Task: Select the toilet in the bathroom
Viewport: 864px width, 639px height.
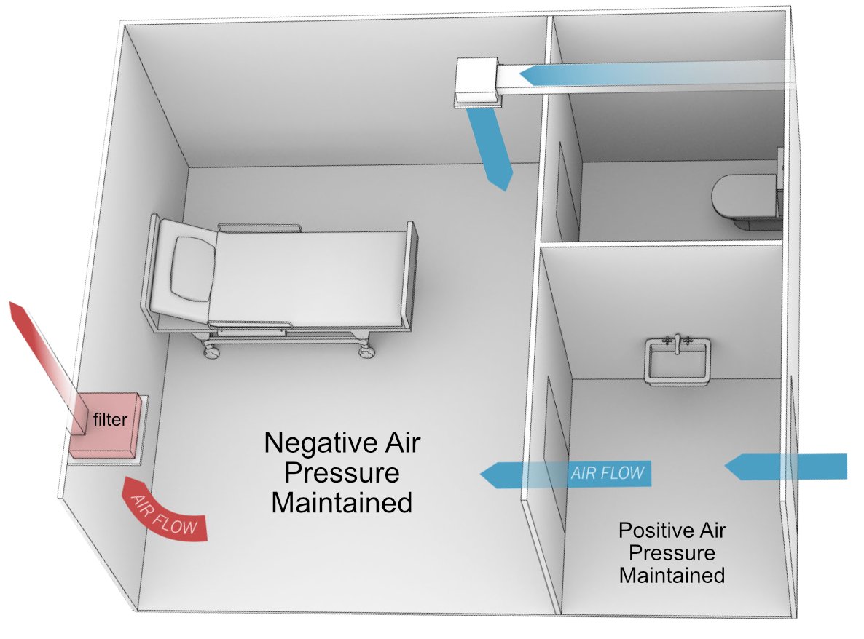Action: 743,200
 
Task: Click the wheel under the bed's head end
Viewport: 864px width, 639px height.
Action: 212,352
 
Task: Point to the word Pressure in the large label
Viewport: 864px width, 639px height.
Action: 342,473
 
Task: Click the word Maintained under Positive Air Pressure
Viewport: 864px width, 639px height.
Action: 672,575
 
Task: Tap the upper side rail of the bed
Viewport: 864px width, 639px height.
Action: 259,228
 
